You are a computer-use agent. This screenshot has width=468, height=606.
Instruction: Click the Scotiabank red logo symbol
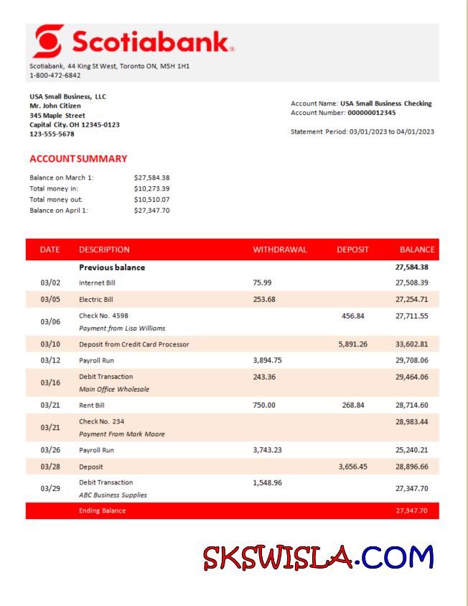(x=47, y=42)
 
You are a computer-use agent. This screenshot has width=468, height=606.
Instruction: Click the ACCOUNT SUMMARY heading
(x=78, y=158)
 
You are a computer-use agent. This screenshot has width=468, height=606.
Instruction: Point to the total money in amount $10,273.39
(x=152, y=188)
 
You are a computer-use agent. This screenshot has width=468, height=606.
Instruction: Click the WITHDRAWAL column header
(x=280, y=249)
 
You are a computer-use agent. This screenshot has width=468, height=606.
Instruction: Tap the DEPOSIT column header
(x=352, y=249)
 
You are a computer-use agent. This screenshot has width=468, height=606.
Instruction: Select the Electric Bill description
(x=96, y=299)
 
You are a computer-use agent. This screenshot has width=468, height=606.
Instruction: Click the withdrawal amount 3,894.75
(x=271, y=360)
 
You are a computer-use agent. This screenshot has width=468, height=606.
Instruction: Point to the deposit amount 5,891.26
(x=352, y=344)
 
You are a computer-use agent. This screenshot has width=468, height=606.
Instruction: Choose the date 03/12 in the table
(x=50, y=360)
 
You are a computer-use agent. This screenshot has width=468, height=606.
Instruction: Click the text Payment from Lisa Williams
(x=122, y=328)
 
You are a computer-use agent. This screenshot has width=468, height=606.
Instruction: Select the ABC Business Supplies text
(x=113, y=495)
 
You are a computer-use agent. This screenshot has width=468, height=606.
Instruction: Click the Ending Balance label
(x=102, y=510)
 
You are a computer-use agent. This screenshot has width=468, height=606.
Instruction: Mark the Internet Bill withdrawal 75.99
(x=263, y=283)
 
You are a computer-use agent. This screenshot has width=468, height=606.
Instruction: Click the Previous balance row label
(x=112, y=267)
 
